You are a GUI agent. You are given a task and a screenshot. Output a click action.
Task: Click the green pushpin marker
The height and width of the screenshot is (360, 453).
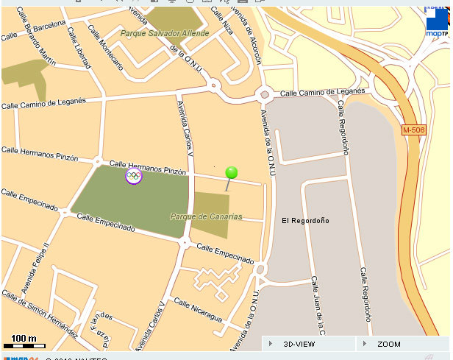click(x=231, y=173)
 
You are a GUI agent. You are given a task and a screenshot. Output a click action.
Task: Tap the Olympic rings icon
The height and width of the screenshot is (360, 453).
click(x=133, y=175)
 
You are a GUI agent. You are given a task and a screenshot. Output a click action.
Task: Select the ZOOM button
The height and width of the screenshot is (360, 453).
click(x=388, y=344)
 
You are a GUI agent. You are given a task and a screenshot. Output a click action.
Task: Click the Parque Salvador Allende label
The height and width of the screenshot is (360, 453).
click(x=165, y=34)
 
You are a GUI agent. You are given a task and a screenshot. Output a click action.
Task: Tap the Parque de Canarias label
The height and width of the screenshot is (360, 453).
click(x=206, y=216)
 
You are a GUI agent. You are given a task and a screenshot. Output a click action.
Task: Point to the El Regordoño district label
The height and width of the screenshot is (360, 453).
click(x=305, y=220)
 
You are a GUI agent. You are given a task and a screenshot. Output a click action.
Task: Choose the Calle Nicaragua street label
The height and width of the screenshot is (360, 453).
click(x=197, y=309)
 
